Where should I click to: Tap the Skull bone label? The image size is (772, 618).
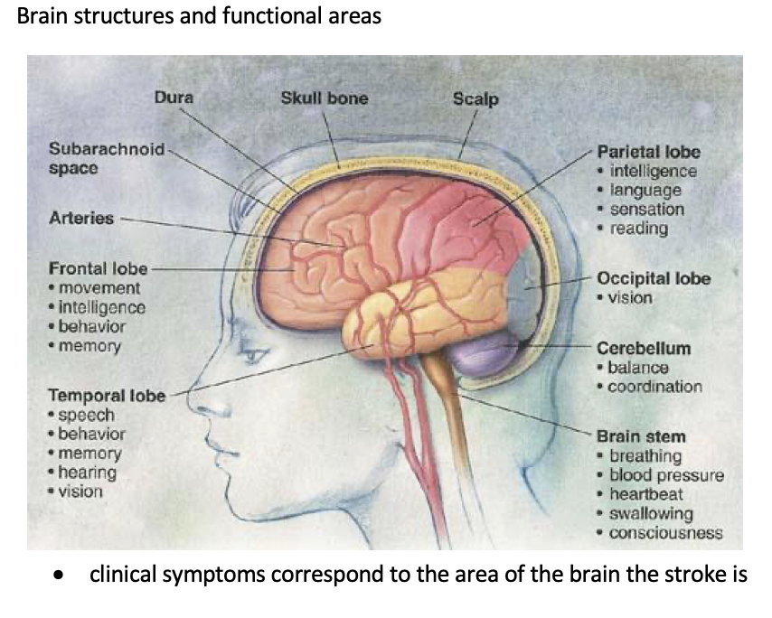click(325, 98)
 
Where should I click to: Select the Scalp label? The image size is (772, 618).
click(475, 98)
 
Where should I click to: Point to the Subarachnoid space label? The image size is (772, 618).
click(106, 158)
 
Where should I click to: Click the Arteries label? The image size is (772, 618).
click(81, 218)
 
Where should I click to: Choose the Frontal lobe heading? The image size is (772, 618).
click(98, 268)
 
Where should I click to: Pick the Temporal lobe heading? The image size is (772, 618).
click(106, 395)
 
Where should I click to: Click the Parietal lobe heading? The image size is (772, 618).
click(649, 152)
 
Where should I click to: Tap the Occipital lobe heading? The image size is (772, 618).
click(654, 278)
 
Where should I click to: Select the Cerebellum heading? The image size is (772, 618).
click(644, 348)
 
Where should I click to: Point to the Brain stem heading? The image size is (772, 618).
click(641, 436)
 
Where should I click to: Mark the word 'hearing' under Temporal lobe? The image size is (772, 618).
click(87, 472)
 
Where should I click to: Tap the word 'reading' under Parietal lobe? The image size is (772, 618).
click(639, 228)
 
